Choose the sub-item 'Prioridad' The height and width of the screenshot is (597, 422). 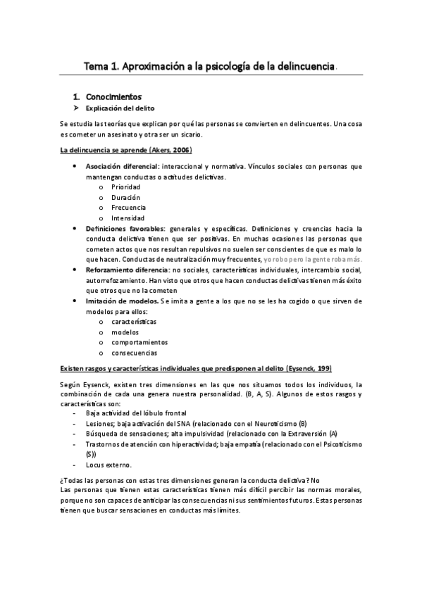pyautogui.click(x=125, y=188)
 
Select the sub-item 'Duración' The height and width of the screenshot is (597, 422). pyautogui.click(x=125, y=198)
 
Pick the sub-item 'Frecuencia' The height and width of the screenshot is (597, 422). pyautogui.click(x=128, y=208)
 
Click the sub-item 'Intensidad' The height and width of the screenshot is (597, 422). pyautogui.click(x=128, y=218)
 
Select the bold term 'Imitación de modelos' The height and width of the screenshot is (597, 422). pyautogui.click(x=121, y=301)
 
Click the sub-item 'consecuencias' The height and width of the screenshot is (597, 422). pyautogui.click(x=135, y=353)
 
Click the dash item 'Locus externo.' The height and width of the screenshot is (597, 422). pyautogui.click(x=108, y=465)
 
